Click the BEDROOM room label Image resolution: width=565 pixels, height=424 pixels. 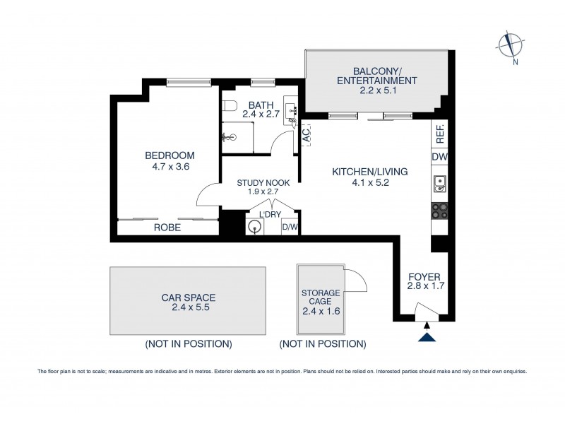[x=169, y=155]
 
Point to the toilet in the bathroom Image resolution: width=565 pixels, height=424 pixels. [x=228, y=107]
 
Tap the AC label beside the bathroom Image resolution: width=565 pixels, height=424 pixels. [x=307, y=135]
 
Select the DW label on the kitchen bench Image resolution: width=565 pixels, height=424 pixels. [x=439, y=157]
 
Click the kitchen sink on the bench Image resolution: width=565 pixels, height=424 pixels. [x=439, y=184]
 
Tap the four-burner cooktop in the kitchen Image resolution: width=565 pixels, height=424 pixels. [x=439, y=210]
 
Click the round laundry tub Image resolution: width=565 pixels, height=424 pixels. [x=255, y=227]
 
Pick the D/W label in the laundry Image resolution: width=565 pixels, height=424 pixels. [x=290, y=227]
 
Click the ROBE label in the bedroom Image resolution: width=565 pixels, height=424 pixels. [x=167, y=228]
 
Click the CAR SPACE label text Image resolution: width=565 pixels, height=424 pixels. [x=188, y=298]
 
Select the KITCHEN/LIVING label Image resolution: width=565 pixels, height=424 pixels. [x=361, y=171]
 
